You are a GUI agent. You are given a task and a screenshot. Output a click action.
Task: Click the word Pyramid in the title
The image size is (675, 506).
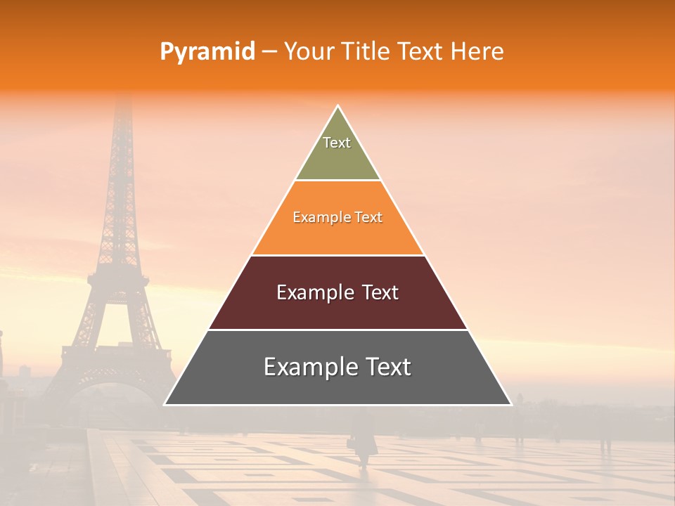(x=207, y=52)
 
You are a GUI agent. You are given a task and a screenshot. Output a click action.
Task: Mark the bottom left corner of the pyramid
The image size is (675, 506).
(x=165, y=404)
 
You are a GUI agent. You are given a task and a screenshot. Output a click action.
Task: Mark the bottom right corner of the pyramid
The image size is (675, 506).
(x=510, y=404)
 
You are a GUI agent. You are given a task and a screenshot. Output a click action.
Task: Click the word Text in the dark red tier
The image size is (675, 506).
(x=380, y=292)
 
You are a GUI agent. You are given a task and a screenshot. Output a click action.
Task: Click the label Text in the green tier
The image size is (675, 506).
(x=337, y=143)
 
